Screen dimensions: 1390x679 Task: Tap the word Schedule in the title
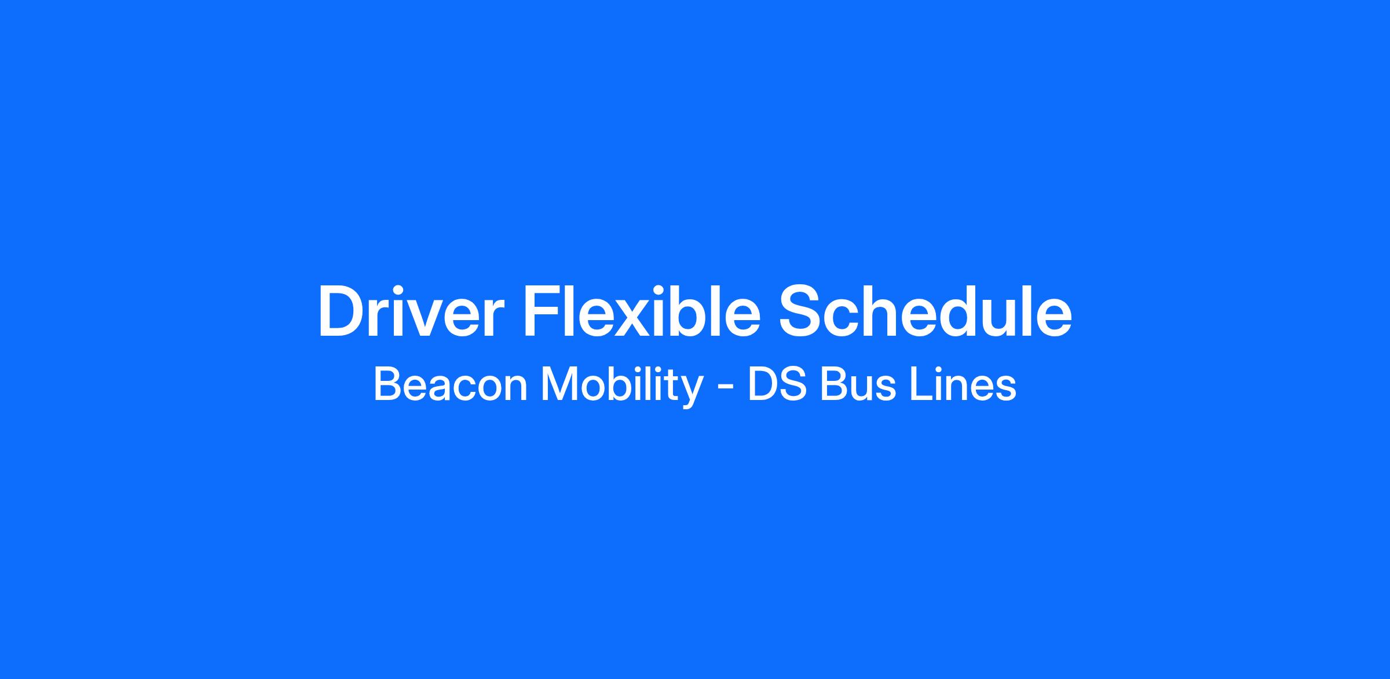tap(926, 310)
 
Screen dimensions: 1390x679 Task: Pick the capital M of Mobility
tap(558, 385)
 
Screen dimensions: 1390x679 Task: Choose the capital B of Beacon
tap(388, 385)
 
